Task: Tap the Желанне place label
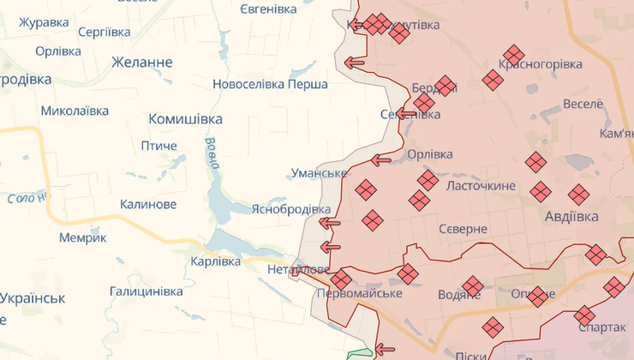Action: coord(141,63)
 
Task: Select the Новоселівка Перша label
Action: coord(271,85)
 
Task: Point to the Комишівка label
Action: coord(185,119)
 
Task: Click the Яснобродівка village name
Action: coord(290,209)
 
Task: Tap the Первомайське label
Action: coord(359,294)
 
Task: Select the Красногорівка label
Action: coord(541,64)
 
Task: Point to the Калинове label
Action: coord(148,204)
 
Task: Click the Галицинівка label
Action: coord(146,291)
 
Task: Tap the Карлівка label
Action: coord(215,261)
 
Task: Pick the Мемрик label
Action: coord(83,237)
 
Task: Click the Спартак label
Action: coord(602,327)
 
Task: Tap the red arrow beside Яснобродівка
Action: coord(329,224)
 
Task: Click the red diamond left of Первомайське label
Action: coord(341,279)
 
